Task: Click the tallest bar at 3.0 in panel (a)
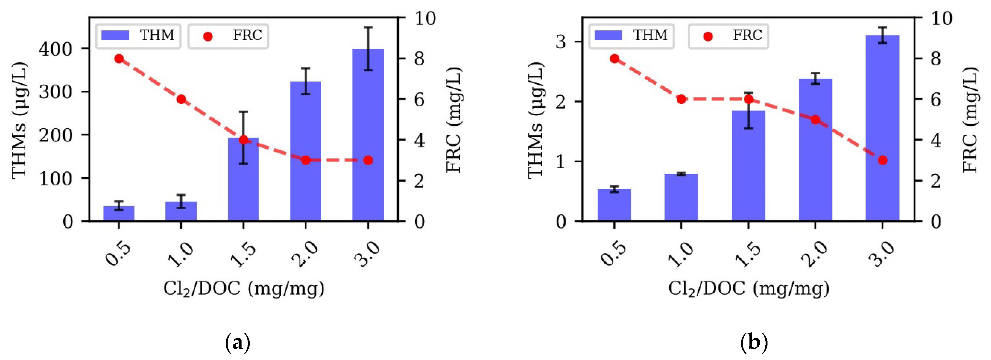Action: (368, 135)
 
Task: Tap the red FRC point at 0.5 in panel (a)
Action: (119, 58)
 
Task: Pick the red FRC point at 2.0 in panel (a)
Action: (305, 160)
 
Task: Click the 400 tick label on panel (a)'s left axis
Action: (56, 49)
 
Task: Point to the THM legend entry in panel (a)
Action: (138, 36)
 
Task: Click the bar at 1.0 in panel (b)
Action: (681, 198)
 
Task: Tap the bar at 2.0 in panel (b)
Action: (815, 150)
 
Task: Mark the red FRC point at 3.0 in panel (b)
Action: (883, 160)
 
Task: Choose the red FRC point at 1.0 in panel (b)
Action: (681, 99)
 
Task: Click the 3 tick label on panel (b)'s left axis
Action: (560, 42)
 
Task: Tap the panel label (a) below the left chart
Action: (237, 341)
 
